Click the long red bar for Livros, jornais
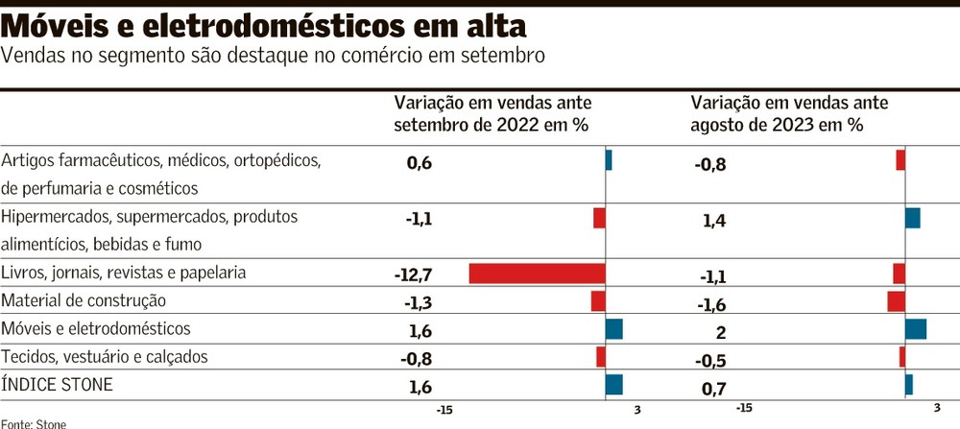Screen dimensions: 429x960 click(537, 273)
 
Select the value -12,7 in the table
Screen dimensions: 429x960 click(414, 275)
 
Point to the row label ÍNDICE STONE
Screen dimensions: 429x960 click(58, 385)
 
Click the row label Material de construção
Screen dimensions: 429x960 click(84, 301)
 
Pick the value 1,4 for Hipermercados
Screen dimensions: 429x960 click(714, 222)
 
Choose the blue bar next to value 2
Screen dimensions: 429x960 click(915, 329)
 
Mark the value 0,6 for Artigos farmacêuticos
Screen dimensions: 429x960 click(420, 163)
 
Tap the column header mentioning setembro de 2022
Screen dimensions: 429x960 click(492, 113)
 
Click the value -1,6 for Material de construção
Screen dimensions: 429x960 click(710, 305)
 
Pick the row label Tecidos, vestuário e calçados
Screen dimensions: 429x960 click(105, 357)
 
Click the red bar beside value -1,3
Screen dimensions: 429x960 click(598, 301)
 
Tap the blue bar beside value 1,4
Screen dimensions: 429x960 click(912, 218)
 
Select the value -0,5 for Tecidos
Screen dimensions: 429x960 click(710, 361)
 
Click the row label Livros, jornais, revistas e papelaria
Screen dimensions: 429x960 click(124, 273)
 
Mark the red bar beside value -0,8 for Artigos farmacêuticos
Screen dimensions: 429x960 click(900, 160)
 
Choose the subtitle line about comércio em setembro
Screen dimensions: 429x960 click(274, 56)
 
